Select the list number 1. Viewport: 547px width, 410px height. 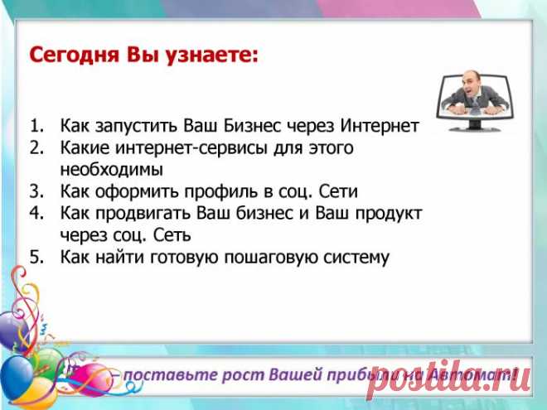(x=36, y=127)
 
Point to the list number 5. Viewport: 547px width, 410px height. (x=36, y=256)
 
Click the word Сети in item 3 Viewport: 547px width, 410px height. (x=337, y=191)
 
